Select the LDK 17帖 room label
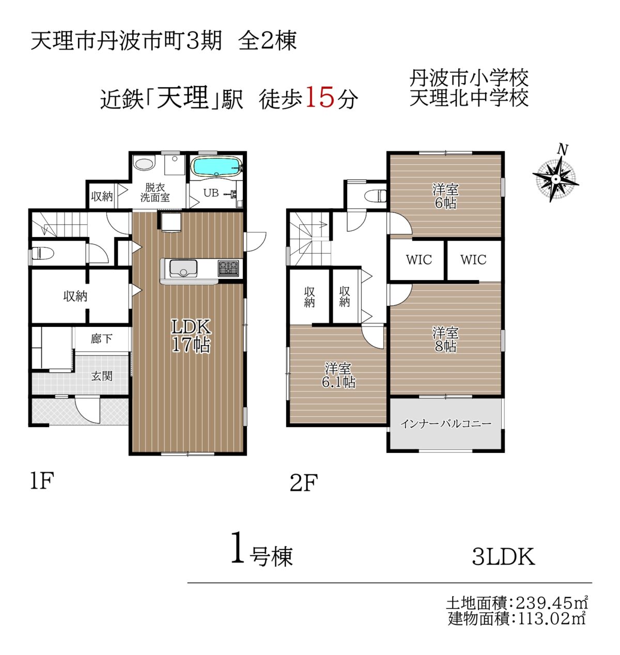tap(191, 335)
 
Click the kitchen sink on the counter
tap(183, 269)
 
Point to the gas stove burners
tap(228, 268)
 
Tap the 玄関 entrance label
tap(102, 376)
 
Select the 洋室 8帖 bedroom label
tap(445, 339)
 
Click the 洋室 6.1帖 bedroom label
tap(338, 376)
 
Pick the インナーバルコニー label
tap(446, 424)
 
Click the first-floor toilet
tap(42, 253)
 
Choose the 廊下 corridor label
tap(101, 339)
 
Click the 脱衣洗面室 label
tap(154, 193)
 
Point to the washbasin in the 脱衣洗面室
tap(144, 164)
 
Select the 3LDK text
tap(503, 556)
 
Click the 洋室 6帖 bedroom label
tap(445, 196)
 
